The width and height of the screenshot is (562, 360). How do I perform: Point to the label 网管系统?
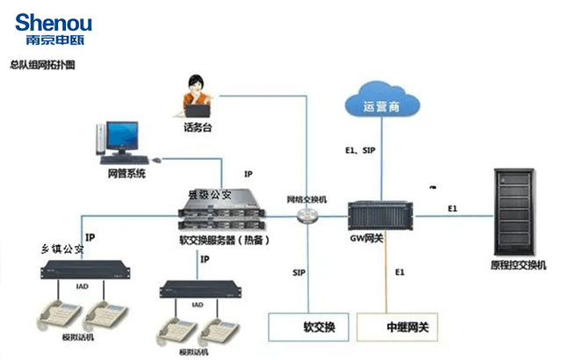click(x=126, y=174)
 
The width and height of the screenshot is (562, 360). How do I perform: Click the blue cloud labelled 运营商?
click(x=381, y=104)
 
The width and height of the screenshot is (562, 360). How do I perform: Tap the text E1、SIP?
click(x=360, y=150)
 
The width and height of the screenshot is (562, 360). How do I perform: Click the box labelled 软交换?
click(x=312, y=327)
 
